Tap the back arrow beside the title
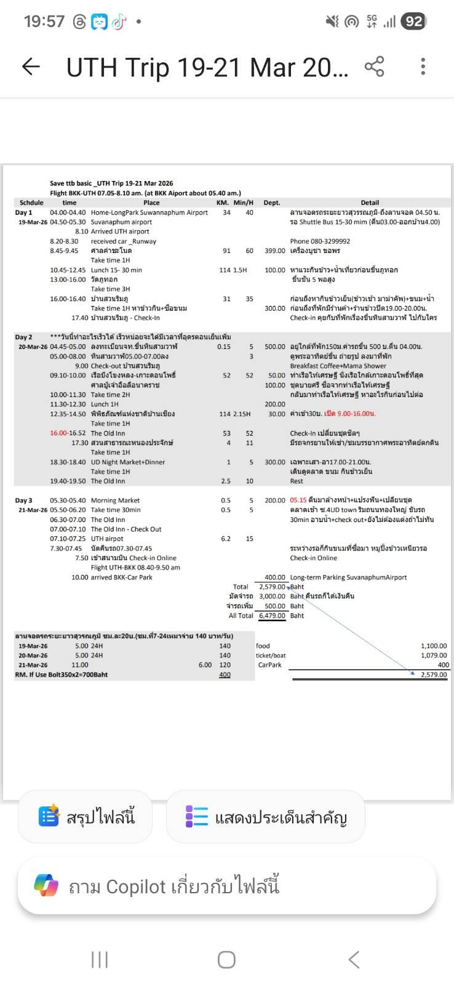point(31,66)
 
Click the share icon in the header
point(374,66)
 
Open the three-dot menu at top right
point(423,66)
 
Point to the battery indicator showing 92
point(413,22)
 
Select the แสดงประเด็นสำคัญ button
point(265,817)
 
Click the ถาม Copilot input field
point(226,886)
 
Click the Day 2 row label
point(24,337)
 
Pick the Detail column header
point(370,203)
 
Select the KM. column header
point(223,203)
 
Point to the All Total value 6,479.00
point(272,616)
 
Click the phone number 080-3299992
point(320,241)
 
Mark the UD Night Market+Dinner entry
point(128,462)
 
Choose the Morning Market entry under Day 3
point(115,501)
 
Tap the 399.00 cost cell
point(275,251)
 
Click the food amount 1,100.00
point(434,646)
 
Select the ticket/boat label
point(271,656)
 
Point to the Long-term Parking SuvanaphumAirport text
point(348,577)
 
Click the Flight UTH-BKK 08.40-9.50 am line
point(135,568)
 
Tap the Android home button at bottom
point(226,959)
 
